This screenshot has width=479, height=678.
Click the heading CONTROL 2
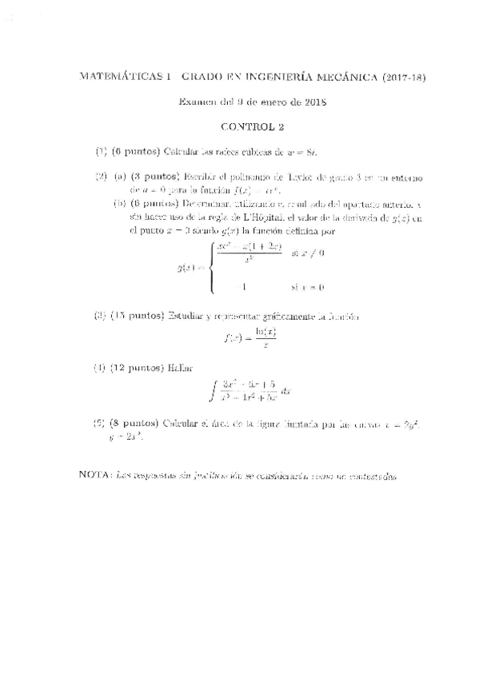[x=252, y=126]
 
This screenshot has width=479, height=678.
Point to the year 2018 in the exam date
[x=310, y=102]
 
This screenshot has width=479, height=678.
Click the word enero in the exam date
[x=269, y=102]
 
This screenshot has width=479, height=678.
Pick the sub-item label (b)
[x=120, y=204]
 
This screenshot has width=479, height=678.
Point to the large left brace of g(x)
[x=210, y=268]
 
